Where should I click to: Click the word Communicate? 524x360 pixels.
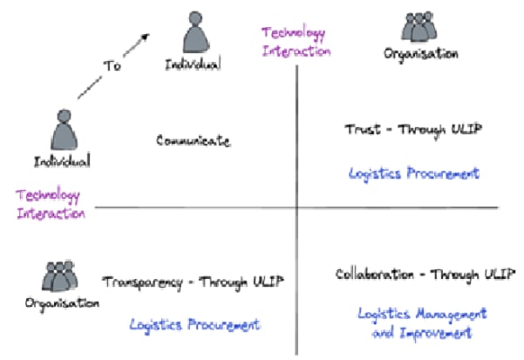[x=194, y=140]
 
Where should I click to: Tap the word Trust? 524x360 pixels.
[x=362, y=130]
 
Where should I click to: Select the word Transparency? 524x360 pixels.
[x=143, y=282]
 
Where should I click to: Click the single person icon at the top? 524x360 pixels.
[x=194, y=33]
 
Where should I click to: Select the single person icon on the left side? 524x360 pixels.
[x=63, y=131]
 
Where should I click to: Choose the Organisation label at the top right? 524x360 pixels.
[x=420, y=54]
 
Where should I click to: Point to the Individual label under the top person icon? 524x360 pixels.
[x=194, y=63]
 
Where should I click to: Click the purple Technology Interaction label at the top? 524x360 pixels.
[x=295, y=42]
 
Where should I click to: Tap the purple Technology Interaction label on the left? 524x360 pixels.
[x=50, y=204]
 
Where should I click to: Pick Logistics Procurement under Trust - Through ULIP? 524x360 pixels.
[x=413, y=173]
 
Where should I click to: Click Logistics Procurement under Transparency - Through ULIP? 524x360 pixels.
[x=194, y=325]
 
